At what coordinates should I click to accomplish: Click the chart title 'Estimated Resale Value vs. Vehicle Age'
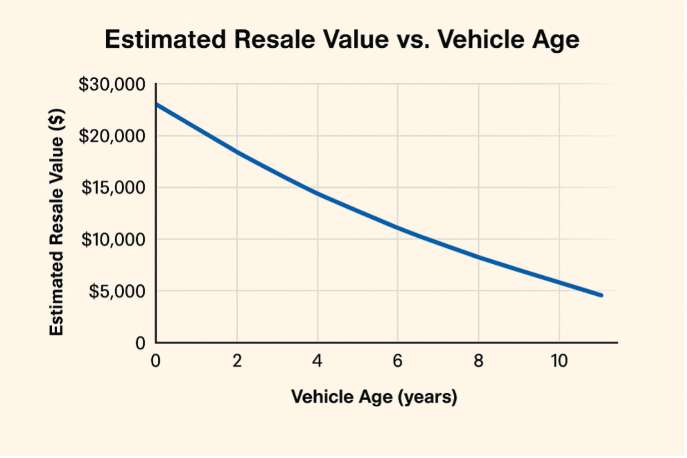(342, 40)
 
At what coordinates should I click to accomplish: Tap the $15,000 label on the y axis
(113, 188)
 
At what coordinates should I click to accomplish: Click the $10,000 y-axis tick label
(113, 240)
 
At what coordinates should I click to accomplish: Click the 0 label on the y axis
(141, 344)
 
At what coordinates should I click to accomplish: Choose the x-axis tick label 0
(156, 361)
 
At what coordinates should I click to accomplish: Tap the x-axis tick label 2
(237, 361)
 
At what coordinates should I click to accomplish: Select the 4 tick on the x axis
(317, 361)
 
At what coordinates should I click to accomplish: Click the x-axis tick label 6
(398, 361)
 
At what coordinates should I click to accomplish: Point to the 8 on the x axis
(478, 361)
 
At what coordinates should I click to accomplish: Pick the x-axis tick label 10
(559, 361)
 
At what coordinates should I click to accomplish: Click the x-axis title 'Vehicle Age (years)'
(374, 397)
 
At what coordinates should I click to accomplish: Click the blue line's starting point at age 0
(157, 104)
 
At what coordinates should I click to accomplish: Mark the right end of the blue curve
(601, 295)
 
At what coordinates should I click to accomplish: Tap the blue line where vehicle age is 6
(398, 228)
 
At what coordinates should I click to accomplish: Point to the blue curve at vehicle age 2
(237, 151)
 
